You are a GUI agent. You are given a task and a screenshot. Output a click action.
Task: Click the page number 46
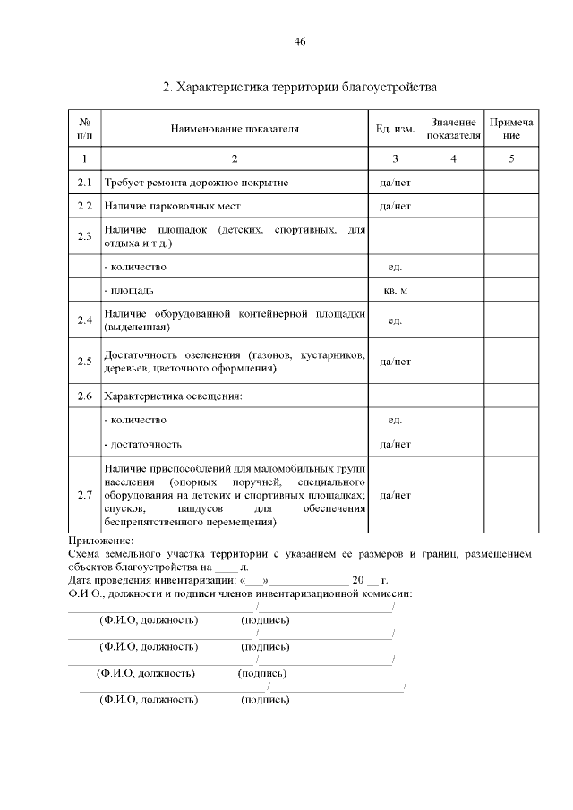pos(300,42)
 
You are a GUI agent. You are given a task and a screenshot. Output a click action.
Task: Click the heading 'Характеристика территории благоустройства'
pos(300,88)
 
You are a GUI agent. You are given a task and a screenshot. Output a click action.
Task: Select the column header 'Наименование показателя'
pos(235,129)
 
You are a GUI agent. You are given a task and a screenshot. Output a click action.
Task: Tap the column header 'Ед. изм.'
pos(395,129)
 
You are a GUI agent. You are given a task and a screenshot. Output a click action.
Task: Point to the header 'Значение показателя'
pos(453,129)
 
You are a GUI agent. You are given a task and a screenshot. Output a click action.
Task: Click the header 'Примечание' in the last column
pos(510,129)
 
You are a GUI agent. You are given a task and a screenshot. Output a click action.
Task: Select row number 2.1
pos(85,183)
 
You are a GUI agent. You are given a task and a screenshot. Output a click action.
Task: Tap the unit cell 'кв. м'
pos(395,291)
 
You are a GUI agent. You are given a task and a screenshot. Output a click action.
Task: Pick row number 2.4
pos(85,320)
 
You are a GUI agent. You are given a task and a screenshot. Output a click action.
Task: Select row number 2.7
pos(85,495)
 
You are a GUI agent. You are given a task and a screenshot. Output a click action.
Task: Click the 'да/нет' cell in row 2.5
pos(395,362)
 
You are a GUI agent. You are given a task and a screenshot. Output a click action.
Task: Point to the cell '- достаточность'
pos(143,443)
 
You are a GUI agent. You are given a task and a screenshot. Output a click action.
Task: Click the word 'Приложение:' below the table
pos(100,541)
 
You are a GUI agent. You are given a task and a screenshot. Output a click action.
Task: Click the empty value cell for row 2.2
pos(453,206)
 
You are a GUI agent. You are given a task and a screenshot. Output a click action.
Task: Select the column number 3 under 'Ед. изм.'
pos(395,158)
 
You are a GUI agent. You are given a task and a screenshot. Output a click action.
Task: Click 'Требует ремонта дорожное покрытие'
pos(196,183)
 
